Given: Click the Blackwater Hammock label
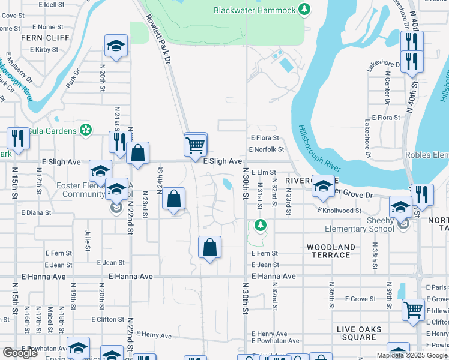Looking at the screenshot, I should click(255, 10).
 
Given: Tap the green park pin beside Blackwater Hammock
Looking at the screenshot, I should click(305, 9).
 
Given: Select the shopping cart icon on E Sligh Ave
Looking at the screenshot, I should click(196, 145).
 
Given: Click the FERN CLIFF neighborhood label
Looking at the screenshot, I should click(37, 37).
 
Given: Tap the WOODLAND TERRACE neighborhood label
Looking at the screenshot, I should click(331, 251).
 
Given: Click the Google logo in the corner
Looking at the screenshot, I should click(20, 353).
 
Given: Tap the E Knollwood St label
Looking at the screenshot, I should click(339, 211).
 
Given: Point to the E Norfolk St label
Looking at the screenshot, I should click(266, 149).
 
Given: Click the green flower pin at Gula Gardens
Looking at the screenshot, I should click(86, 130).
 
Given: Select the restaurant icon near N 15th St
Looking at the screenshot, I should click(18, 139).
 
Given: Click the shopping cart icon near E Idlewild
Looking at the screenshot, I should click(414, 310).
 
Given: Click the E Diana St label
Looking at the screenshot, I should click(37, 212).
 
